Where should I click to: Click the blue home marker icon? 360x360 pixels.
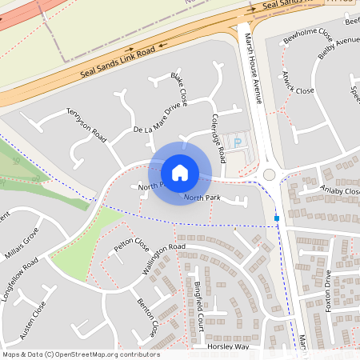point(180,172)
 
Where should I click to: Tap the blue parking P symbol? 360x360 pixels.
point(237,142)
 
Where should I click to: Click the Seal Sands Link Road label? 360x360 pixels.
point(117,63)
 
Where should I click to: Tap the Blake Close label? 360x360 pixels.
point(178,90)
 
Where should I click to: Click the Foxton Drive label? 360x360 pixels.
point(328,290)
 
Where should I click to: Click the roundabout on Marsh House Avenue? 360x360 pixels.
point(270,174)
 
